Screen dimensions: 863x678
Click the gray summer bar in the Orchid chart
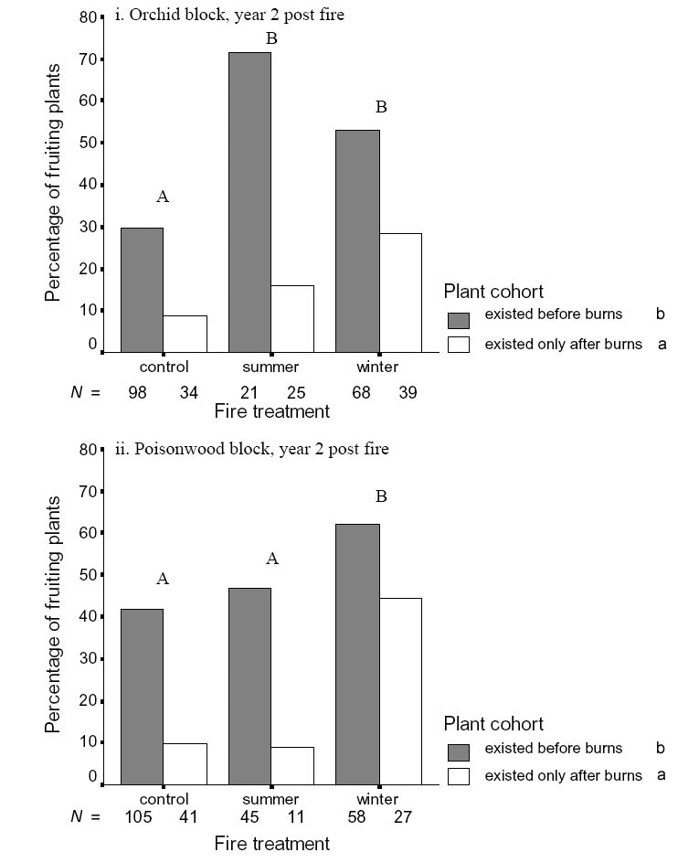tap(249, 201)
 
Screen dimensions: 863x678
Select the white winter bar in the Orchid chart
tap(400, 293)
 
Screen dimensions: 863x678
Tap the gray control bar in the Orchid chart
tap(142, 289)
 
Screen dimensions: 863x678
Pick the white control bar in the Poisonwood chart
tap(185, 763)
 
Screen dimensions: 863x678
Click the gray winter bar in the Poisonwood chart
tap(357, 654)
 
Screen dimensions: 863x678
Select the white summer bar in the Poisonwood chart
tap(292, 765)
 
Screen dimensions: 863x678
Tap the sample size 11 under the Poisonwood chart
tap(292, 816)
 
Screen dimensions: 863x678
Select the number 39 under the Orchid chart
tap(407, 392)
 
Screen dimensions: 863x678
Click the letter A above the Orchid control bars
tap(163, 197)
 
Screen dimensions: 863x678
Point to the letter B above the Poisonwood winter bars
tap(381, 496)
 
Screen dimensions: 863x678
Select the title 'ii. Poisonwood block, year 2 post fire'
tap(251, 449)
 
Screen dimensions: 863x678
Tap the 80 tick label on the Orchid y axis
tap(88, 17)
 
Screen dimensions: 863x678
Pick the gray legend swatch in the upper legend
tap(458, 320)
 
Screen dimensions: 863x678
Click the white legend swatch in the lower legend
tap(458, 776)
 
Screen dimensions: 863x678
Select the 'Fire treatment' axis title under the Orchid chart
tap(271, 411)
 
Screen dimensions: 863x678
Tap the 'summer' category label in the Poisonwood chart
tap(270, 799)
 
